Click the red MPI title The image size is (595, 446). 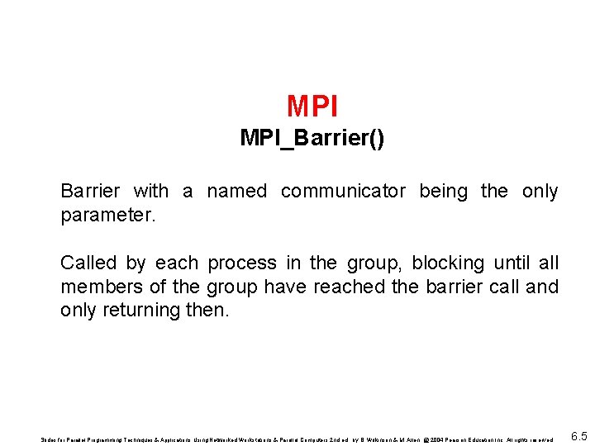point(312,106)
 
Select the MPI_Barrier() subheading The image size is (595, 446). point(312,138)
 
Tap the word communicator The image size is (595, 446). point(343,192)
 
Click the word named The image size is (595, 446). point(236,192)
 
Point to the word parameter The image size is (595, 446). point(107,216)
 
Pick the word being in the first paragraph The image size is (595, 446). point(443,192)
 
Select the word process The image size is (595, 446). point(241,264)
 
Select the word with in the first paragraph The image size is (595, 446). point(150,192)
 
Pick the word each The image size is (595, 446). point(176,263)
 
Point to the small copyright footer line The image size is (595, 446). point(297,439)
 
